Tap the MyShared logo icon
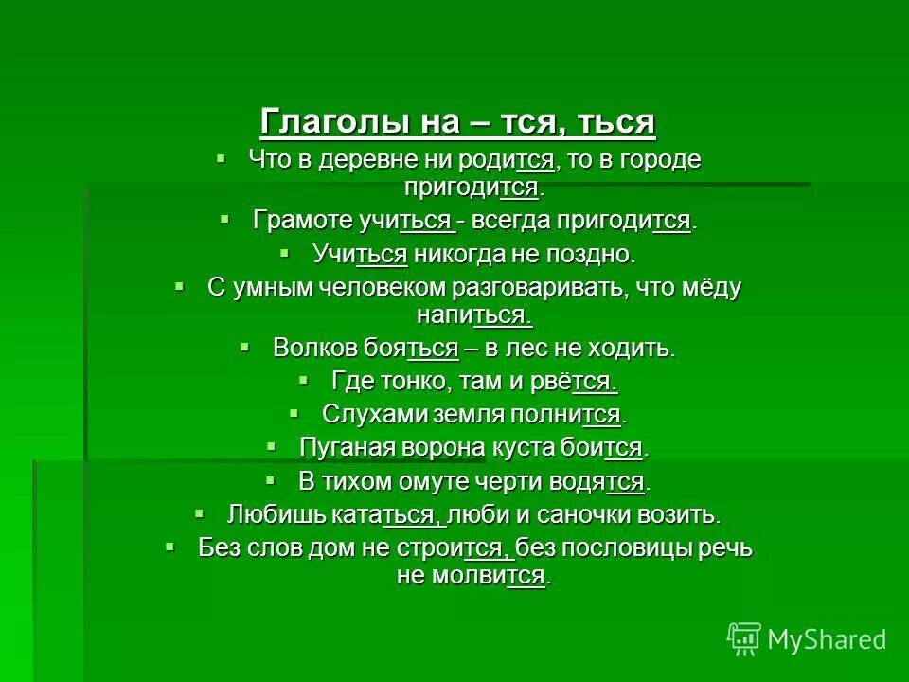[744, 639]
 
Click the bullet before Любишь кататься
[199, 513]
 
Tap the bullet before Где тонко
[304, 379]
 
